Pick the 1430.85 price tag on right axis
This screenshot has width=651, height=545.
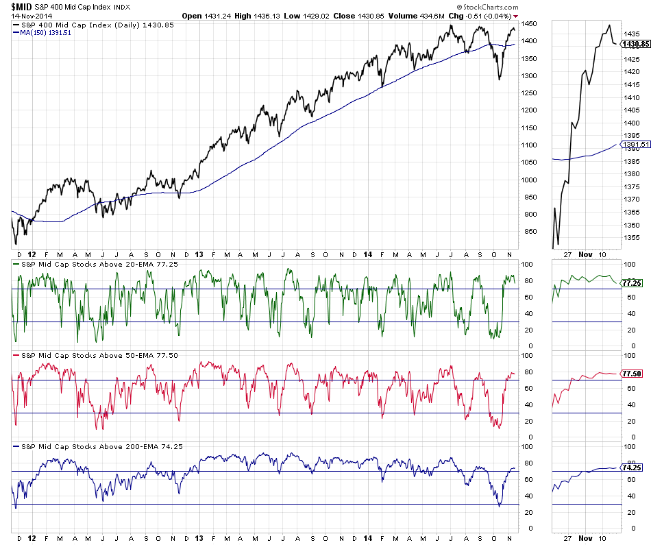click(x=635, y=44)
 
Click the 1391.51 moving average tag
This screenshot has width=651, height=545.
click(x=635, y=145)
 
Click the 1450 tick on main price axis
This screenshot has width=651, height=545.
click(x=530, y=24)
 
